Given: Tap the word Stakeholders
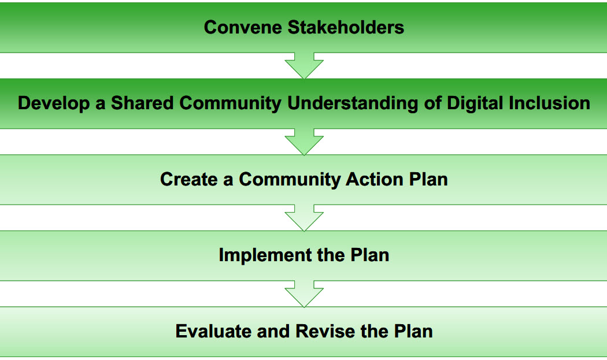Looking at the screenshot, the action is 346,28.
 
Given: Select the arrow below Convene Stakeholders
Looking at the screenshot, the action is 304,65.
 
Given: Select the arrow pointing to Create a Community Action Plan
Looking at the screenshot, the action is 304,142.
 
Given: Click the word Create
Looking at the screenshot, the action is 189,179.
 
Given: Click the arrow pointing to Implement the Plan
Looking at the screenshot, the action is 304,218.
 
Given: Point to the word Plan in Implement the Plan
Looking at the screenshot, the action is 370,255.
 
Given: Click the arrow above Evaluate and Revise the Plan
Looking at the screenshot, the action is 304,294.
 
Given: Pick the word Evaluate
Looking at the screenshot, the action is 213,331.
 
